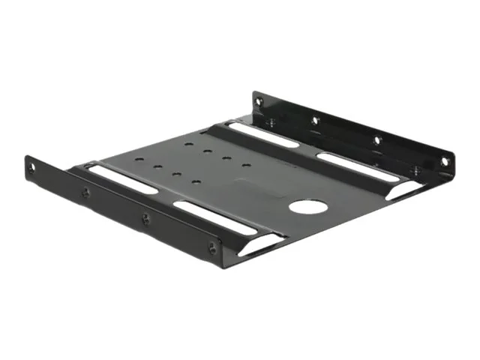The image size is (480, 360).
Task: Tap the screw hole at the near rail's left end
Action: (x=31, y=168)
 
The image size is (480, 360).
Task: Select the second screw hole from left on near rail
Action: (x=85, y=193)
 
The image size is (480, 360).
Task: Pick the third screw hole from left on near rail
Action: (x=145, y=218)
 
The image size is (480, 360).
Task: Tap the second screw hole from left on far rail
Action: (x=315, y=119)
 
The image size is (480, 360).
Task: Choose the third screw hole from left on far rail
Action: (x=376, y=139)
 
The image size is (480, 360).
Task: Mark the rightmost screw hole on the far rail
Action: (x=444, y=160)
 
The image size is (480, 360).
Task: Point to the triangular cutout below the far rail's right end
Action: (x=405, y=190)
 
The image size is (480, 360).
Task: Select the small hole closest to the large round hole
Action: (x=245, y=164)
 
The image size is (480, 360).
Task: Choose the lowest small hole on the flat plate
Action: (x=195, y=182)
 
